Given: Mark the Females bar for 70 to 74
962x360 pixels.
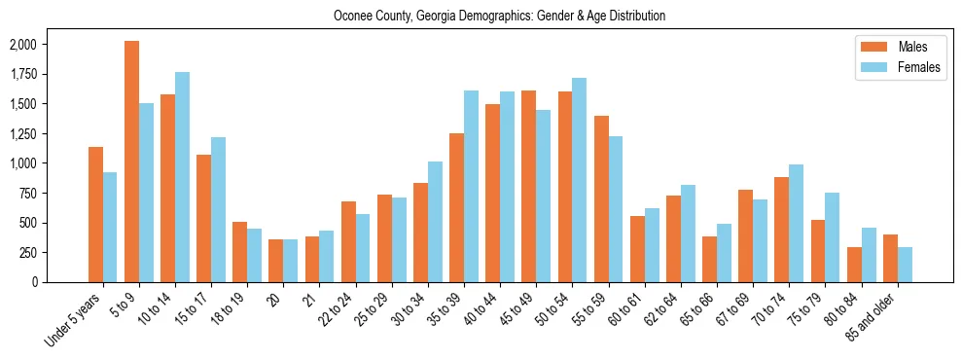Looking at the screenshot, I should [796, 224].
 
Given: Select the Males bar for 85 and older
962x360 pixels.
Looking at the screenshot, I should [890, 258].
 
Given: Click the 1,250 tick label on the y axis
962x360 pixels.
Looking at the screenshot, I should [22, 133].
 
